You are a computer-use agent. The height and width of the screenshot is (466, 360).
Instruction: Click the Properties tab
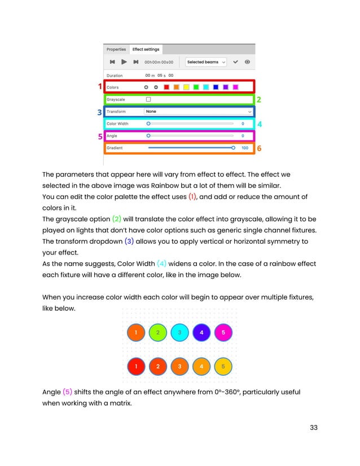point(116,49)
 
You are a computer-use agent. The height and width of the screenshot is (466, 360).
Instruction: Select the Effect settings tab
point(146,49)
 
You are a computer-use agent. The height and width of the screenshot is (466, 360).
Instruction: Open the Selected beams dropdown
point(206,62)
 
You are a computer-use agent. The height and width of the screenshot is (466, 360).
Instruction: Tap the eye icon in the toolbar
point(247,62)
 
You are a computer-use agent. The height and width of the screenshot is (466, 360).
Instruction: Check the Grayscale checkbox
point(148,99)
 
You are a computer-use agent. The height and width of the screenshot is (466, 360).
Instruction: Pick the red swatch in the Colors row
point(166,87)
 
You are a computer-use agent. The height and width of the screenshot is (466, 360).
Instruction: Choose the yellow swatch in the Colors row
point(186,87)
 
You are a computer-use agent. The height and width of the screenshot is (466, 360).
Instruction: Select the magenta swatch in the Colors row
point(235,87)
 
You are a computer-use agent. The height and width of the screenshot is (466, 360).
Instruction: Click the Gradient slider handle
point(233,148)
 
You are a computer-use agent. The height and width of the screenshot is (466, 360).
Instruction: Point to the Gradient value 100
point(244,148)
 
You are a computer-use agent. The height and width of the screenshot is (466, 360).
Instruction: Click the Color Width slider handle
point(148,124)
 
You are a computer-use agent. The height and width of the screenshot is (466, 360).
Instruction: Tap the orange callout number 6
point(259,148)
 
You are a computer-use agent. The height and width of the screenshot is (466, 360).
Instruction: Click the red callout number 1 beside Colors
point(100,87)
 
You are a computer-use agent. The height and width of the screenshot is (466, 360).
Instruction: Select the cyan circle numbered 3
point(179,333)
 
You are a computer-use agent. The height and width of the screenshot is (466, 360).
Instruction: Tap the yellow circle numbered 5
point(223,367)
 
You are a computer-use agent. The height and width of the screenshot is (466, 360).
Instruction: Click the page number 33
point(313,427)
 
